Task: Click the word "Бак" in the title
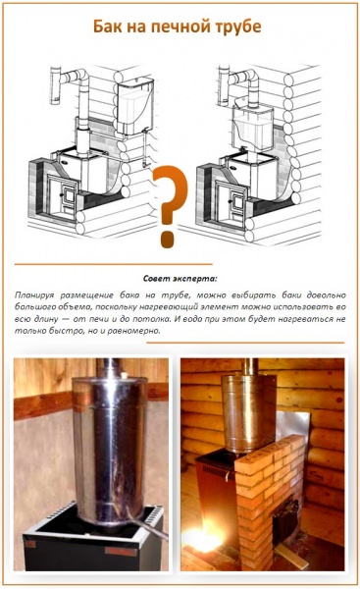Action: (x=107, y=27)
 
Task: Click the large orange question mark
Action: (x=170, y=206)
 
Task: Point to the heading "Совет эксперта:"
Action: (x=180, y=279)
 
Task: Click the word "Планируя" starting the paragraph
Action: (x=33, y=295)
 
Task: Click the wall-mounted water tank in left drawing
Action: (x=135, y=106)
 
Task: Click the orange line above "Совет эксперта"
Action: (x=114, y=264)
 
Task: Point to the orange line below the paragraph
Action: (x=245, y=343)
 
